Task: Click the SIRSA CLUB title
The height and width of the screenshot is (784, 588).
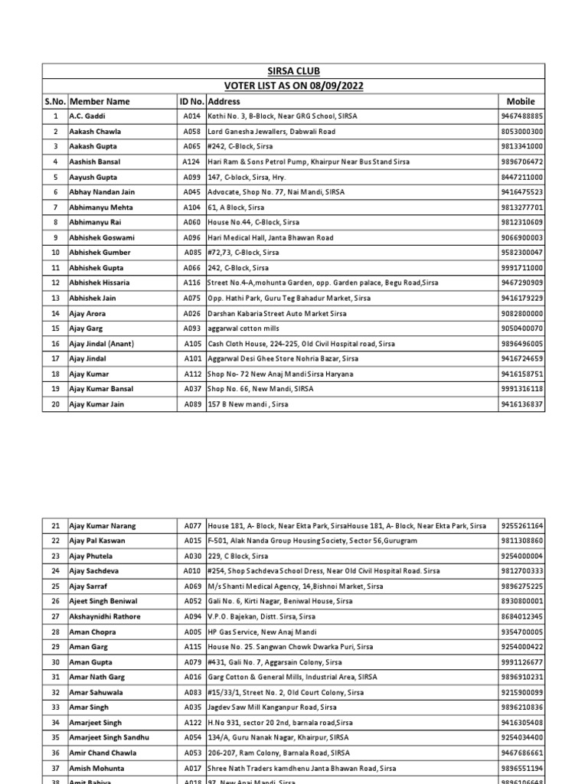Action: point(293,71)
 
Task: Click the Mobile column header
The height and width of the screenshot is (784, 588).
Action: point(521,101)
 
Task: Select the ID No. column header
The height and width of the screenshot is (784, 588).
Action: point(191,101)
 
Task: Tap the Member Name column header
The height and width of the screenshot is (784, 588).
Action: point(100,101)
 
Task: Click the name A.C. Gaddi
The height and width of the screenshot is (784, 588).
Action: point(87,116)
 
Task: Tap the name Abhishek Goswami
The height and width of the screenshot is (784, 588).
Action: point(100,237)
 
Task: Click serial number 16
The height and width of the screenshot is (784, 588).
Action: point(55,344)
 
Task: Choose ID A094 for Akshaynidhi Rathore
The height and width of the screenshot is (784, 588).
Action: point(191,616)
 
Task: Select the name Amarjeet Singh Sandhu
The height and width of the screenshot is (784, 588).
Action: point(109,737)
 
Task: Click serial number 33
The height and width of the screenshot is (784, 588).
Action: point(55,707)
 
